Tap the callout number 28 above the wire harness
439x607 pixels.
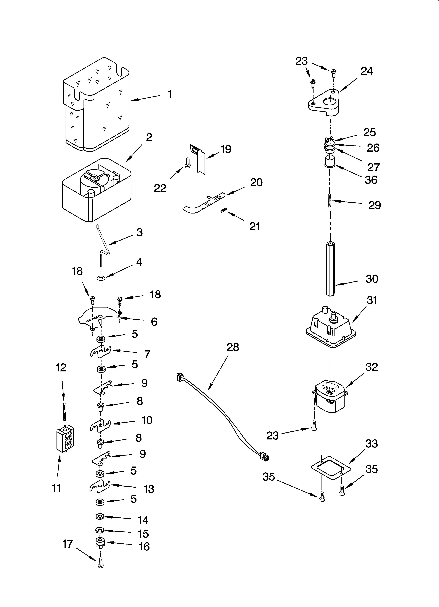233,347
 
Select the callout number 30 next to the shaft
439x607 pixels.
372,279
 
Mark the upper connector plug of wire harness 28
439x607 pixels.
181,377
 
